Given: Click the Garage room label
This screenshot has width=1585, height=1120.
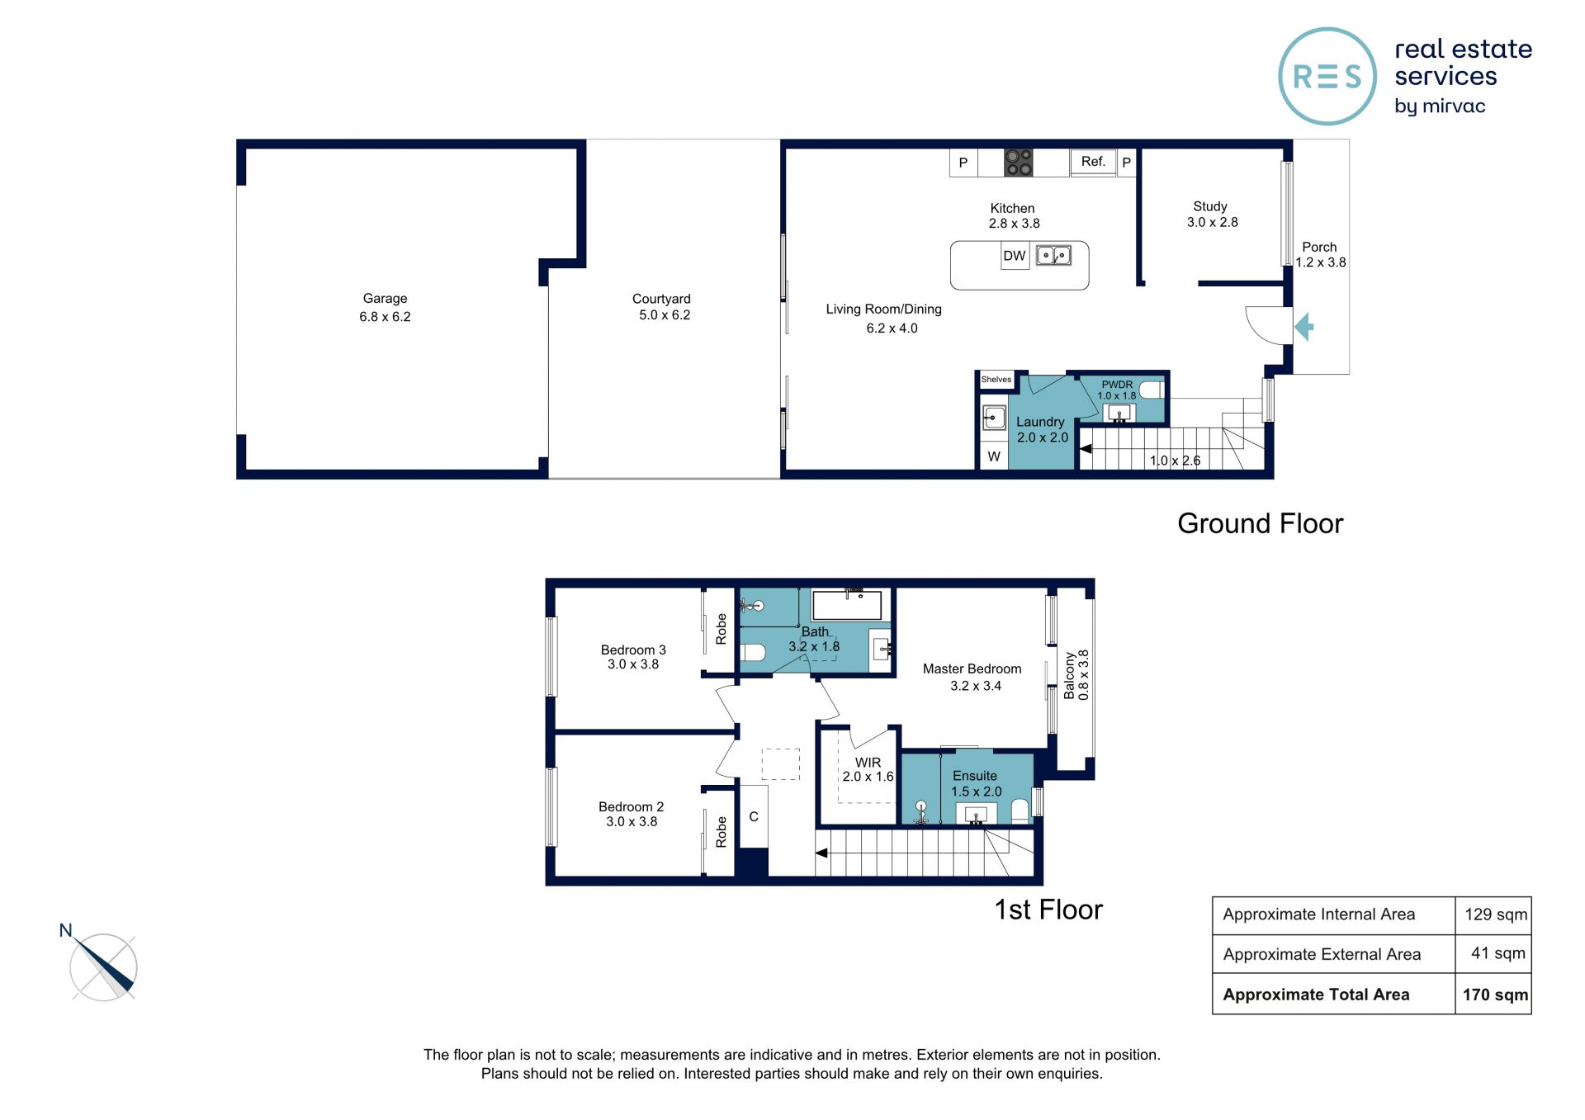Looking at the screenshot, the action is pyautogui.click(x=385, y=299).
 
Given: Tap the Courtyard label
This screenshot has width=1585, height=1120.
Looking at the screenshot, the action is pyautogui.click(x=661, y=299).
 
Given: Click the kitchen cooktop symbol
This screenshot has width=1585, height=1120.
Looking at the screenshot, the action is pyautogui.click(x=1018, y=163).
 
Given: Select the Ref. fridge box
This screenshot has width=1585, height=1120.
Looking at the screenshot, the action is pyautogui.click(x=1093, y=162).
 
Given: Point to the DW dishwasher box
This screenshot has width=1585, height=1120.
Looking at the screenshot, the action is pyautogui.click(x=1015, y=256).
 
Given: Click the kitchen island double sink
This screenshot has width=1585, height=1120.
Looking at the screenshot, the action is pyautogui.click(x=1053, y=256).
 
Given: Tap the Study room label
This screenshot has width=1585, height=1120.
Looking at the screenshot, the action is pyautogui.click(x=1210, y=206).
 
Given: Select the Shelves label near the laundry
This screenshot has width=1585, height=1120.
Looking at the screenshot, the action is pyautogui.click(x=996, y=380).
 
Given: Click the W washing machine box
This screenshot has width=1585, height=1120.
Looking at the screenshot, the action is pyautogui.click(x=994, y=456).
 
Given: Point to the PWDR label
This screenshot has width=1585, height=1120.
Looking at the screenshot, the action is pyautogui.click(x=1117, y=385).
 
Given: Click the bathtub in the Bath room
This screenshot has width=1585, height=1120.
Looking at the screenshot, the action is pyautogui.click(x=847, y=605).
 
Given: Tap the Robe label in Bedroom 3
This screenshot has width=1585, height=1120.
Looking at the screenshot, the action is pyautogui.click(x=722, y=629).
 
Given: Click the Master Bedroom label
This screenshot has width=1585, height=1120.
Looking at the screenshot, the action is pyautogui.click(x=972, y=669).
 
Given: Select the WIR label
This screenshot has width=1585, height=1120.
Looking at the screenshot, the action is pyautogui.click(x=868, y=763).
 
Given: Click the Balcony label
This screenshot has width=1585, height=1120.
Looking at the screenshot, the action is pyautogui.click(x=1070, y=675).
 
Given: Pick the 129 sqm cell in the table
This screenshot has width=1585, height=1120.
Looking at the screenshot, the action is pyautogui.click(x=1496, y=914).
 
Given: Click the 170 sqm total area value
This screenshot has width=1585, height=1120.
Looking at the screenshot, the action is pyautogui.click(x=1495, y=995).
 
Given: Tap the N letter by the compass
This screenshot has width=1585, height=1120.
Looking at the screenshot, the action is pyautogui.click(x=66, y=930).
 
